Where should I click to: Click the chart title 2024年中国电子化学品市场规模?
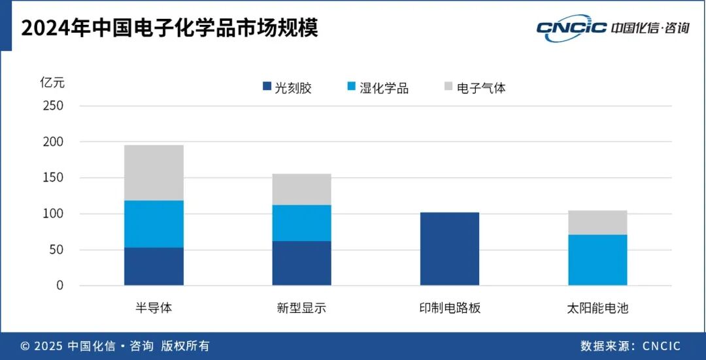[x=169, y=28]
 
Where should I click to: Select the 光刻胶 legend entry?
[x=287, y=88]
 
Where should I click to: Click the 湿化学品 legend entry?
[x=377, y=88]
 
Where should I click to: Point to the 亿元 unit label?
[x=52, y=83]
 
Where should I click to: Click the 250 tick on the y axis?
[x=53, y=106]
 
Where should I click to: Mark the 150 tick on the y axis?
[x=53, y=178]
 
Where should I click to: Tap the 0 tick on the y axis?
[x=59, y=286]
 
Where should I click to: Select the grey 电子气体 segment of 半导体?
[x=154, y=172]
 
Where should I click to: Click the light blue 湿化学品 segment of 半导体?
[x=154, y=223]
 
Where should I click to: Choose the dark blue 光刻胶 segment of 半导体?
[x=154, y=267]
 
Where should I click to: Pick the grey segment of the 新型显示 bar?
[x=301, y=189]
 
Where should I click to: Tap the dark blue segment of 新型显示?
[x=301, y=263]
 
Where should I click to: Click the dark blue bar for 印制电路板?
[x=449, y=249]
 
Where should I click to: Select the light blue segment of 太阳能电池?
[x=597, y=260]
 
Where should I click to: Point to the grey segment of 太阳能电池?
[x=597, y=222]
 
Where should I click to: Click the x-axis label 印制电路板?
[x=449, y=308]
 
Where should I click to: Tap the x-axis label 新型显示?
[x=301, y=308]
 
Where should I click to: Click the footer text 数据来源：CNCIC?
[x=630, y=346]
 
